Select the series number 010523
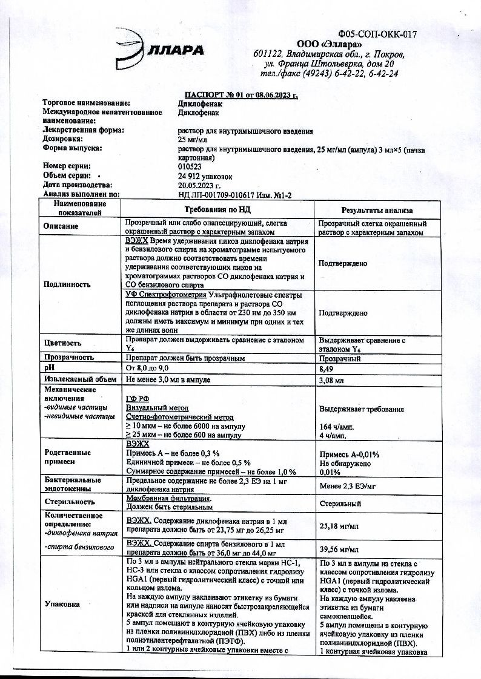pyautogui.click(x=190, y=166)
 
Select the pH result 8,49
pyautogui.click(x=327, y=367)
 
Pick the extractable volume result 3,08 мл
pyautogui.click(x=331, y=381)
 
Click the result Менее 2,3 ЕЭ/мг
pyautogui.click(x=347, y=485)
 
